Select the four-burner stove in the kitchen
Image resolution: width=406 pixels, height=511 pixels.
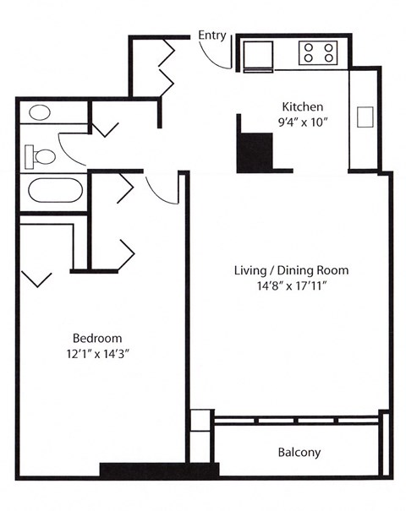tap(319, 53)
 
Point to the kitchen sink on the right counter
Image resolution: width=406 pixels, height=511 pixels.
tap(365, 117)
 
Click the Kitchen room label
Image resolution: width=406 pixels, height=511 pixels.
tap(302, 107)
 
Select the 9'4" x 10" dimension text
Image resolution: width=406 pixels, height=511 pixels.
tap(302, 122)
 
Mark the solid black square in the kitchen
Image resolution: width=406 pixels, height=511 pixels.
tap(254, 152)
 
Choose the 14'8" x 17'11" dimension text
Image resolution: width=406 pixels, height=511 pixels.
tap(291, 286)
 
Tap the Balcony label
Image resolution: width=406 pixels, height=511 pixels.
tap(299, 453)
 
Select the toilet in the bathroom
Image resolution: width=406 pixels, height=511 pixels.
tap(41, 155)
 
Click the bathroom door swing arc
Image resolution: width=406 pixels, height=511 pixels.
tap(72, 152)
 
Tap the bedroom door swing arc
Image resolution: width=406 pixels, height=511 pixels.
tap(157, 191)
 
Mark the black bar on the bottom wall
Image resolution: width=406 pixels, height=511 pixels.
tap(159, 470)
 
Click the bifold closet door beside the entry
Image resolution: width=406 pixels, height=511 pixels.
tap(165, 66)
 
